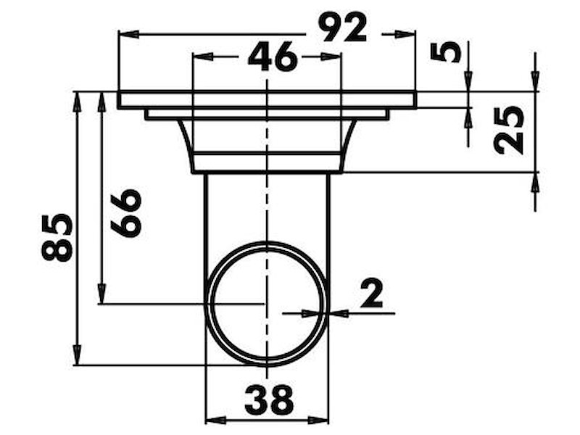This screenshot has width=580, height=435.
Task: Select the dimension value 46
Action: click(273, 57)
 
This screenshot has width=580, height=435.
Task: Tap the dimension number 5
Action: click(446, 51)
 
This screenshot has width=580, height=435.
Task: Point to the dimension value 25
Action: click(509, 130)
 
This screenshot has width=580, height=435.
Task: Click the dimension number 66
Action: click(125, 213)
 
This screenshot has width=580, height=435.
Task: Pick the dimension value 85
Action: click(57, 237)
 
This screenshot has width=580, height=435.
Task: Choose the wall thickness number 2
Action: click(371, 294)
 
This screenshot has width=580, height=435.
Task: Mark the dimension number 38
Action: click(269, 399)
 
